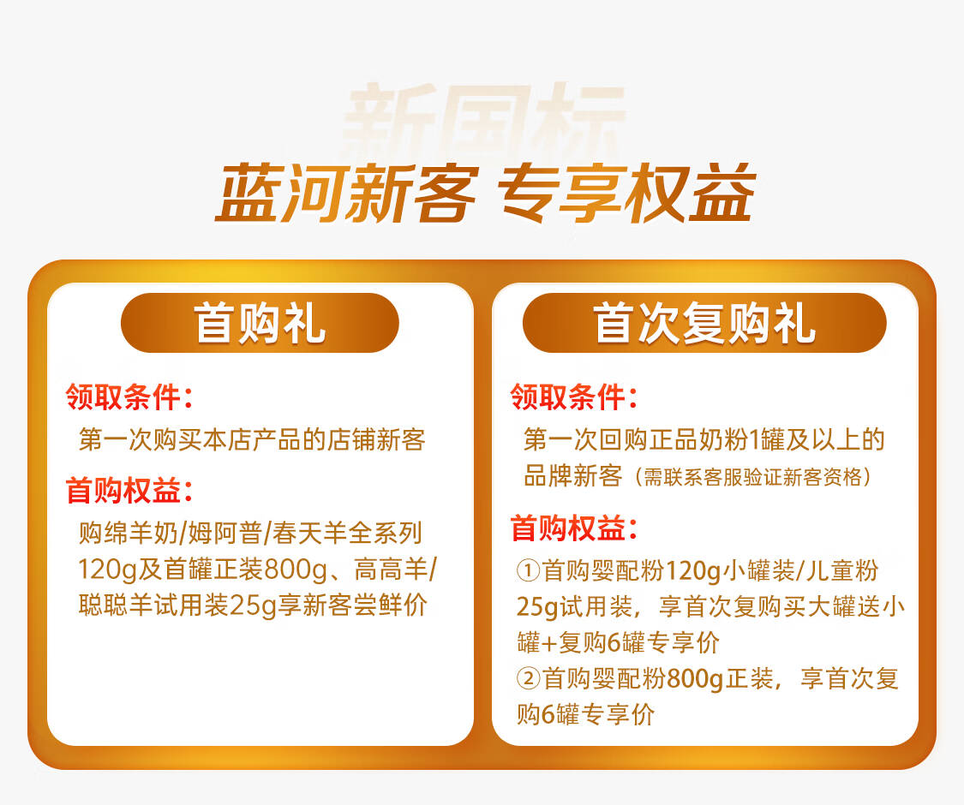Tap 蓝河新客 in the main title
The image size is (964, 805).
347,194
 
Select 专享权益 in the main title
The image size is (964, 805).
627,194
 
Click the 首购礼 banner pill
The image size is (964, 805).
260,323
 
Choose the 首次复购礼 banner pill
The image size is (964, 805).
704,323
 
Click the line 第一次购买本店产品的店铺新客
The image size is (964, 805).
252,439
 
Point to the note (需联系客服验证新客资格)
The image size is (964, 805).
753,477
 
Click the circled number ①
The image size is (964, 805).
528,571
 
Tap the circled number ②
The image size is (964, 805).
528,679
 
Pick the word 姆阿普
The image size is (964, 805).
225,533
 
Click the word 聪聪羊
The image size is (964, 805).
117,605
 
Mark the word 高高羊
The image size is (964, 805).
391,569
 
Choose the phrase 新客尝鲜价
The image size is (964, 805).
365,605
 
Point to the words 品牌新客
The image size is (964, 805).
573,476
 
